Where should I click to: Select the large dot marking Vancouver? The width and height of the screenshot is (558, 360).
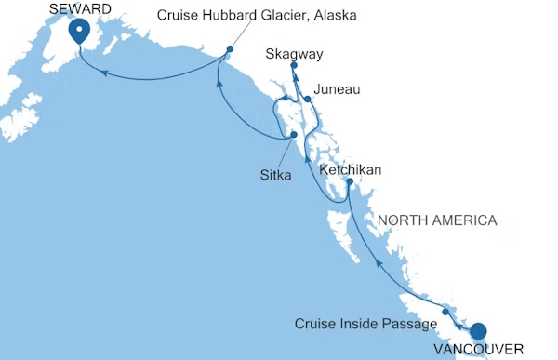tap(479, 330)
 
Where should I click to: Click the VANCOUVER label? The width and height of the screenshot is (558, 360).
tap(481, 349)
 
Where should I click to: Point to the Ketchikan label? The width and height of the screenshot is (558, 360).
tap(351, 170)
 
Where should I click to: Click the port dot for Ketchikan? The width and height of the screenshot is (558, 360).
tap(350, 182)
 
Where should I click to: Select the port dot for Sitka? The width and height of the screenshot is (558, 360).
tap(294, 135)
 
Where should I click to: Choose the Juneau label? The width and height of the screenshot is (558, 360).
tap(334, 89)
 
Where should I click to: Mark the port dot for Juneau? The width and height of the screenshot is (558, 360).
tap(308, 98)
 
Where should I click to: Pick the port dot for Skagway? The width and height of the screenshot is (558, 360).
tap(294, 66)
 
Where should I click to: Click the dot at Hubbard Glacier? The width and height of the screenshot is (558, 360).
tap(230, 48)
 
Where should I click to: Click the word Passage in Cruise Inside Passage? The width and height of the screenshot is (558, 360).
tap(411, 324)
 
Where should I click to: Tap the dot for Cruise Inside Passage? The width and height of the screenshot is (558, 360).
tap(446, 312)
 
